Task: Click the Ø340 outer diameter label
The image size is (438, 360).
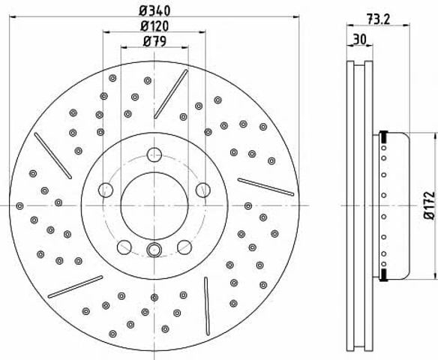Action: coord(154,11)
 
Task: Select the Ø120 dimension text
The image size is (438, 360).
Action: coord(154,26)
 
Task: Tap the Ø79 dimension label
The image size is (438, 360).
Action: coord(154,41)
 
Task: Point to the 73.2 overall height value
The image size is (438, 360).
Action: coord(378,19)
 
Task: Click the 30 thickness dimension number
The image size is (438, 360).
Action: coord(359,39)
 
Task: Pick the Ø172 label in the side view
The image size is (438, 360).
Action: coord(429,205)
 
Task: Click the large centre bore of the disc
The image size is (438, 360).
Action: coord(154,205)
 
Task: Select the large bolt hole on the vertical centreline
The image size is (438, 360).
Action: coord(154,154)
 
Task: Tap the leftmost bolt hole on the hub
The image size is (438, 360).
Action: coord(106,190)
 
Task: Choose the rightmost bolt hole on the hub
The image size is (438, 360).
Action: coord(202,190)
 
